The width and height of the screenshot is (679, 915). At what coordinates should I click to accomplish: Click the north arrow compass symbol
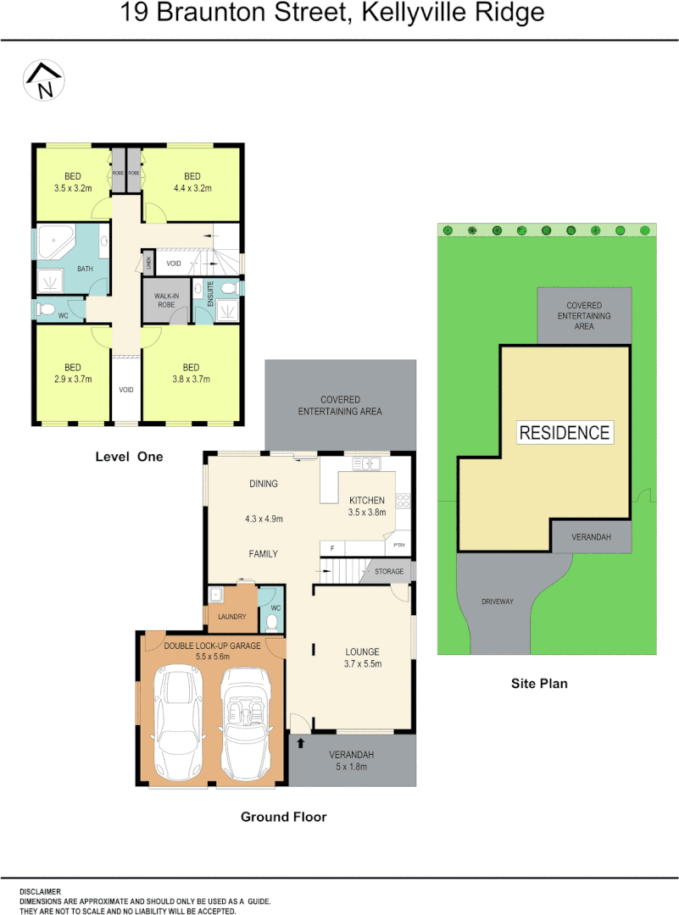coord(45,81)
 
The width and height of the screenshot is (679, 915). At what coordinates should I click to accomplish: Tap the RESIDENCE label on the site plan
coord(565,433)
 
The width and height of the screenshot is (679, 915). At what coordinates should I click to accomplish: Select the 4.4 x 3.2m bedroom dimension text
coord(192,188)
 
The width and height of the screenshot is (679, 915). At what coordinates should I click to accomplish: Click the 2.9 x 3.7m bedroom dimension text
coord(72,379)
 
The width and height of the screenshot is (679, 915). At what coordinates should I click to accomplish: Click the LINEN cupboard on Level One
coord(148,263)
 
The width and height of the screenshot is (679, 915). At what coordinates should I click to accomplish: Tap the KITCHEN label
coord(366,501)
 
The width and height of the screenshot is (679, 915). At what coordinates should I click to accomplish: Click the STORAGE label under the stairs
coord(390,572)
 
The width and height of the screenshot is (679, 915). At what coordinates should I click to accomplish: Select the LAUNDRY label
coord(231,616)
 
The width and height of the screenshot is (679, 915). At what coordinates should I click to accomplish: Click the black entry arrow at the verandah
coord(300,744)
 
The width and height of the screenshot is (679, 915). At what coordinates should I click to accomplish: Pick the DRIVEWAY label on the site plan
coord(498,602)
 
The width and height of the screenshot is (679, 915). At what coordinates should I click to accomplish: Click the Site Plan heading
coord(539,683)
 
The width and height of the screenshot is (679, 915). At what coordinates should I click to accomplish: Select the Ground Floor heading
coord(283,817)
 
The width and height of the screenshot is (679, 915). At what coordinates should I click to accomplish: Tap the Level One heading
coord(129,457)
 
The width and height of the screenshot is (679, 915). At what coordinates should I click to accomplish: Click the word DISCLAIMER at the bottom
coord(41,891)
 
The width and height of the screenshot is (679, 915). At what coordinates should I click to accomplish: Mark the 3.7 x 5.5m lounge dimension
coord(364,663)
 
